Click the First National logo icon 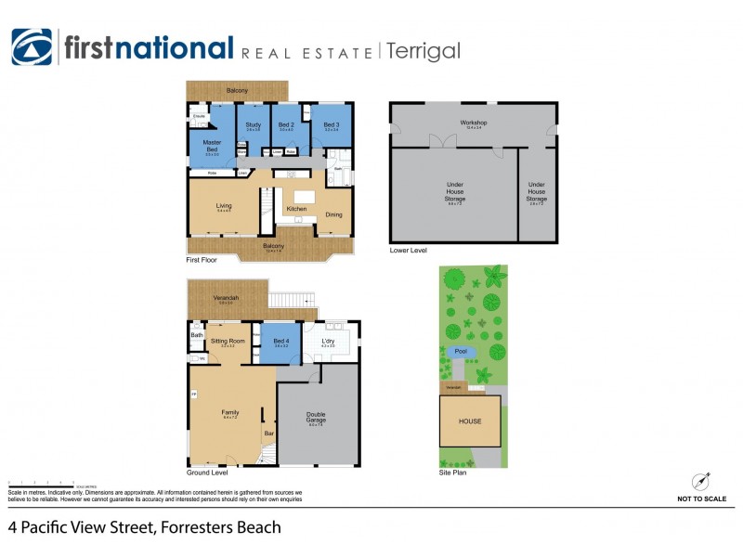(x=32, y=47)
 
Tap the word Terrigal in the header (x=423, y=51)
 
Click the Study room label (x=253, y=124)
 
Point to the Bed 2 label (x=286, y=124)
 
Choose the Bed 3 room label (x=331, y=124)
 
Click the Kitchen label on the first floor (x=296, y=209)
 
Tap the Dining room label (x=333, y=214)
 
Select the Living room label (x=224, y=206)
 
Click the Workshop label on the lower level (x=474, y=123)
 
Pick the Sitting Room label (x=228, y=341)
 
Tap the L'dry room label (x=329, y=341)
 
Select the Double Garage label (x=317, y=418)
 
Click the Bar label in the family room (x=270, y=433)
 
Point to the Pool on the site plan (x=461, y=352)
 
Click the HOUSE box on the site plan (x=470, y=421)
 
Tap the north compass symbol (x=701, y=482)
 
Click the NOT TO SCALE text (x=701, y=499)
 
